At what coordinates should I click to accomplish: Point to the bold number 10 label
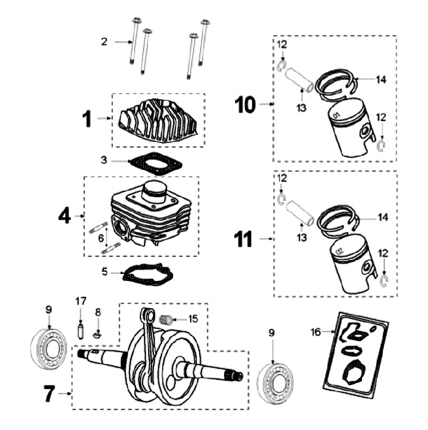click(x=246, y=105)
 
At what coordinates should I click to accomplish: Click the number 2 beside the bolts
click(x=104, y=42)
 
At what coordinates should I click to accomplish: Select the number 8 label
click(x=99, y=311)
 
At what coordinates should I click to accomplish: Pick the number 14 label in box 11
click(x=382, y=218)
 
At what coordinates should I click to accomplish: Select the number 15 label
click(x=191, y=319)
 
